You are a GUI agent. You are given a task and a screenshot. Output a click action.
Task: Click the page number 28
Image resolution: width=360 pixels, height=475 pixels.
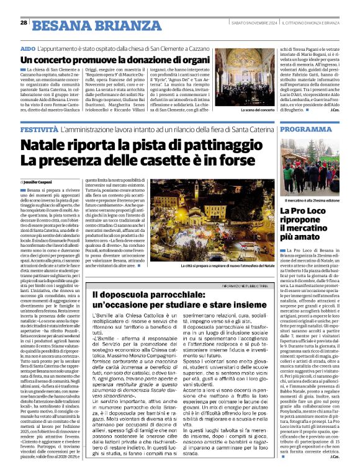pos(23,22)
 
